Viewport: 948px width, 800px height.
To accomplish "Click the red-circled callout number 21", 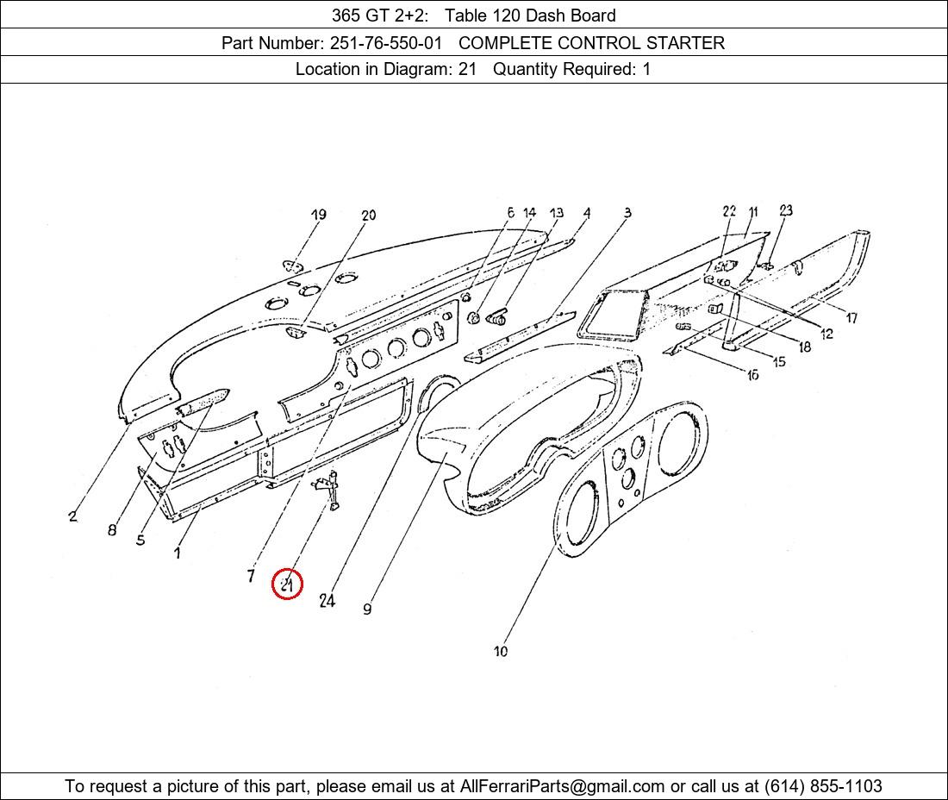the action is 287,584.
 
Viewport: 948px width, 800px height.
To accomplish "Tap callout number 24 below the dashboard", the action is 327,600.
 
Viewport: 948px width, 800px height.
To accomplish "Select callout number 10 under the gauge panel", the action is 501,651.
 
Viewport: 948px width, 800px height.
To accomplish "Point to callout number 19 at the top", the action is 319,215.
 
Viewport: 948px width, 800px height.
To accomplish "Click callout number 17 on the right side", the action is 851,317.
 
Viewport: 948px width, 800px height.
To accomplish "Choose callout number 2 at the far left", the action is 72,516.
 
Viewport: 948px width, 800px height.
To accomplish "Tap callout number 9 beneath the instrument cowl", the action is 368,609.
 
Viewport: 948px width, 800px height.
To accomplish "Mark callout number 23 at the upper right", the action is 785,210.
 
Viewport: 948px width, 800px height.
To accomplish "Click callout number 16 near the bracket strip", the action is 752,376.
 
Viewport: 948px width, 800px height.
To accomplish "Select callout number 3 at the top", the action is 627,212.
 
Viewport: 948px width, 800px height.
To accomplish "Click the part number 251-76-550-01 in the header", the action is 386,43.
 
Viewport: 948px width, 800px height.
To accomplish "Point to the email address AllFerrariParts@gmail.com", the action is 562,786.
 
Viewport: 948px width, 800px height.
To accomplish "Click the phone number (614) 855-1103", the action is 823,786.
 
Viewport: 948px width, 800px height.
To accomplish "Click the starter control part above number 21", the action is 328,489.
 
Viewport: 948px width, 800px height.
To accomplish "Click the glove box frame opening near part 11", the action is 611,315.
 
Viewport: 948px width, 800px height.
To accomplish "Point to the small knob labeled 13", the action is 496,316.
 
